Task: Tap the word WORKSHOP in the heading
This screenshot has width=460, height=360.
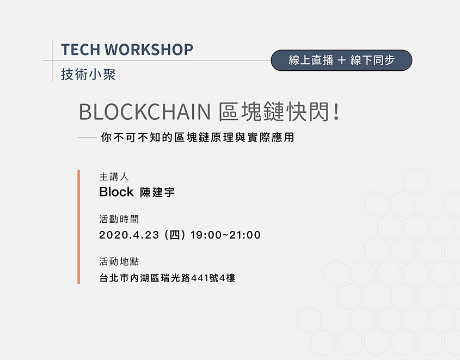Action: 149,50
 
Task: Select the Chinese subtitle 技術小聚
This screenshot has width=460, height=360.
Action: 88,74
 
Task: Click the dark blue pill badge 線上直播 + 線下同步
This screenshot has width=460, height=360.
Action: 341,60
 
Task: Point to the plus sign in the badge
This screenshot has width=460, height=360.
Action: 341,60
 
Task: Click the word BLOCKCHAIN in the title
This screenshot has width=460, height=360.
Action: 145,112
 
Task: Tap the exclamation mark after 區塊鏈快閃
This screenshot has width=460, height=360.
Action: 336,112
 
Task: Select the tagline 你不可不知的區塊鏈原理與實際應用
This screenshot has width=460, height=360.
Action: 198,137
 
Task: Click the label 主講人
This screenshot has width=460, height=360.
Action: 114,176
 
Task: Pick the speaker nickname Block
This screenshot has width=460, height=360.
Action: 116,192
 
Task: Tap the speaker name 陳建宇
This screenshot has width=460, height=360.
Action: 157,192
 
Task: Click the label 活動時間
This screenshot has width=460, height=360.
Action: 119,219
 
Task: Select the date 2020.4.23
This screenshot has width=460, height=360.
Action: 129,235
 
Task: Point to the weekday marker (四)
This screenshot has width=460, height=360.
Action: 175,235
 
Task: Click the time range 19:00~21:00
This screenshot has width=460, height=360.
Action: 225,235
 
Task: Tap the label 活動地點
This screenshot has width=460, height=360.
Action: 119,261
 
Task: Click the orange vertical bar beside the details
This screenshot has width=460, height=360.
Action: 78,227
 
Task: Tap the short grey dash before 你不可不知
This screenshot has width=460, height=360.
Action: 88,137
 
